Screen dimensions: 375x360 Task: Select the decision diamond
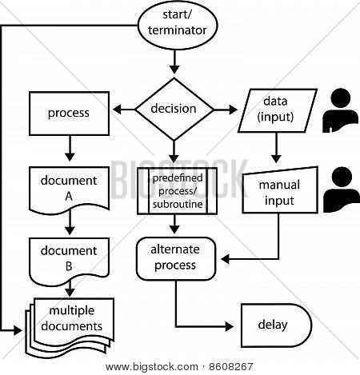coord(174,109)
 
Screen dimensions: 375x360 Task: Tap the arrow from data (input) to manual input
coord(276,147)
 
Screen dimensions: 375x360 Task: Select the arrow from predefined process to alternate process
coord(174,225)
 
